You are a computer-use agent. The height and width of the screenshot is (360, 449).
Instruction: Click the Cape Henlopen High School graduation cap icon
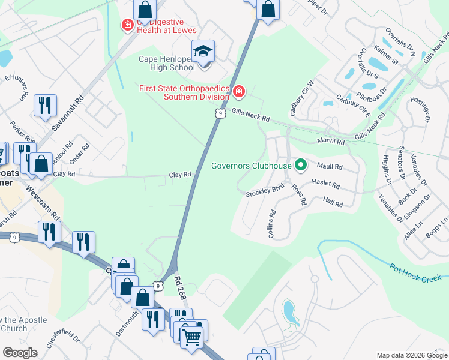203,50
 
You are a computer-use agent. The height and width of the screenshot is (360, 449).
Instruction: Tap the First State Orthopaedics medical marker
239,92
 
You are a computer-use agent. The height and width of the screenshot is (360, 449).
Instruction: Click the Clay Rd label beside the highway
180,175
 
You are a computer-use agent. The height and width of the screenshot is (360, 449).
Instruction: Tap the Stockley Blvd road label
264,193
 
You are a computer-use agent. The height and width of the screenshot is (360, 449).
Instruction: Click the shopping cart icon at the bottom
191,337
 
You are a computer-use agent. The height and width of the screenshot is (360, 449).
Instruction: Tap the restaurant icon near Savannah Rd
45,106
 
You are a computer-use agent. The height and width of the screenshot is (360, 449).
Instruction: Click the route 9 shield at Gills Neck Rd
221,112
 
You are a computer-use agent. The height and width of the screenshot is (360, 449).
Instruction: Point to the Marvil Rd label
331,142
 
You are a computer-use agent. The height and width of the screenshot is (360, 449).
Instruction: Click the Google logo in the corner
20,353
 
